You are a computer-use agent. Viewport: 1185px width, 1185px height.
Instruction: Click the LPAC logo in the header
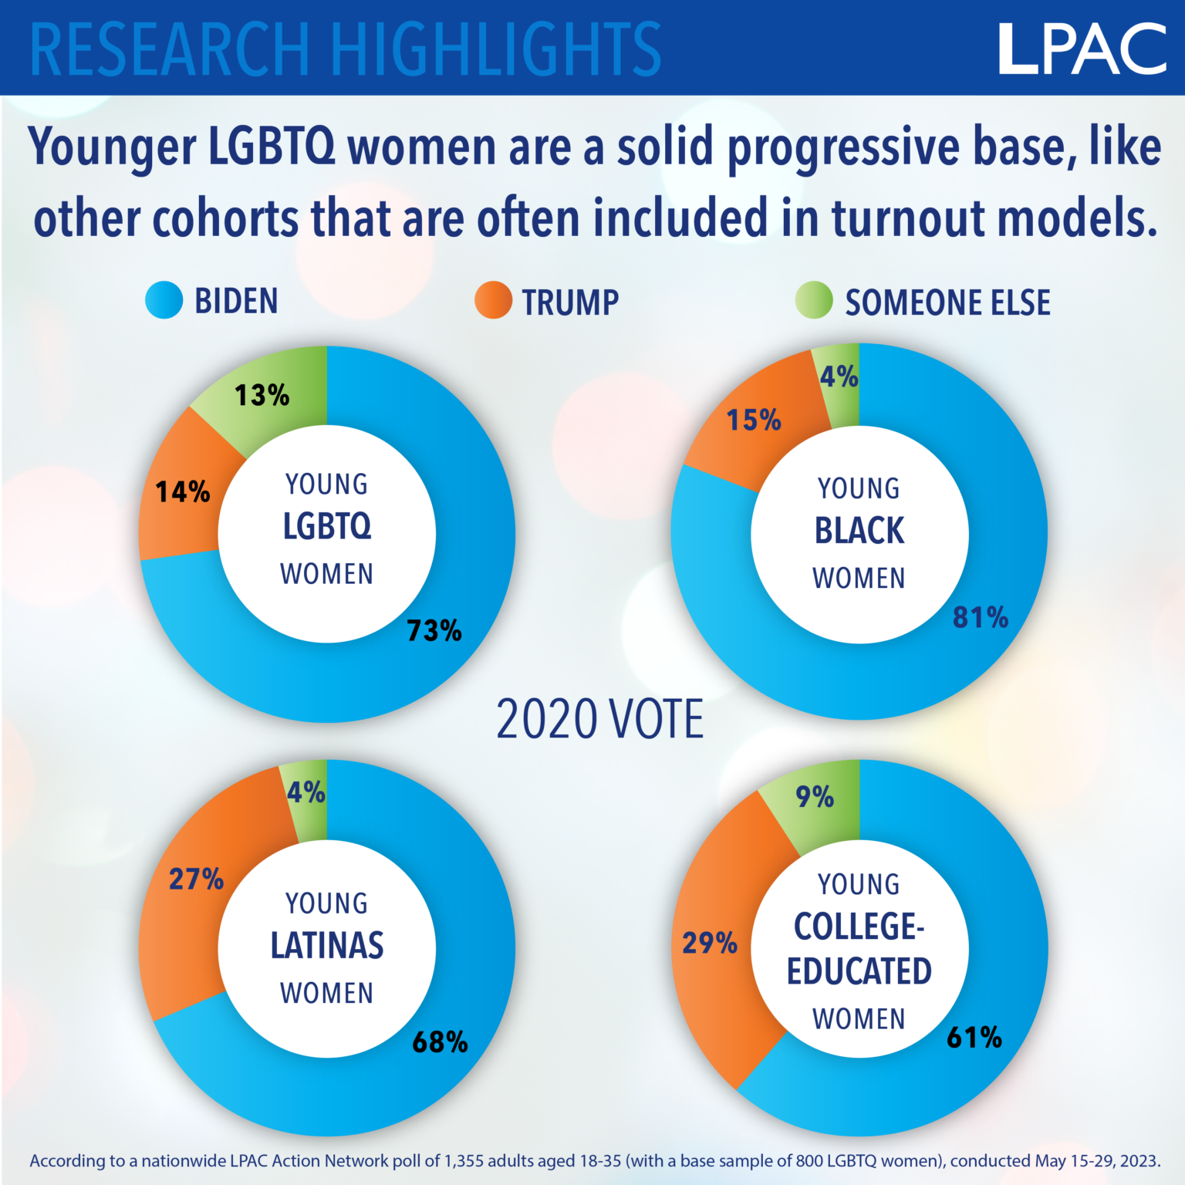[x=1082, y=49]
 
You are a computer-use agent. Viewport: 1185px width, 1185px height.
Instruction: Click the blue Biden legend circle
[x=164, y=300]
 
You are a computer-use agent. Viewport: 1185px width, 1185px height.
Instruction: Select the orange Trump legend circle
[x=493, y=300]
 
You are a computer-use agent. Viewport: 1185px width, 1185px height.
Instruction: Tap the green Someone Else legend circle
[x=814, y=300]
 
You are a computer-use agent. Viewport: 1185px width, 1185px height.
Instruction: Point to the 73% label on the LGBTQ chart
[x=434, y=631]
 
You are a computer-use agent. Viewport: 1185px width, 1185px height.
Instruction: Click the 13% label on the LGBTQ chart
[x=262, y=395]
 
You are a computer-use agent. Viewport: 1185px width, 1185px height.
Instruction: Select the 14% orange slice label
[x=183, y=491]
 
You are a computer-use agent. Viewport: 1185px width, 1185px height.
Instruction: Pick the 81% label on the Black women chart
[x=981, y=617]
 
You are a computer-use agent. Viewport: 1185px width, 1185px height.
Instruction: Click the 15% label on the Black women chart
[x=754, y=420]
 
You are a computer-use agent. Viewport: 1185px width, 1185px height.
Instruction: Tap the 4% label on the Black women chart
[x=839, y=376]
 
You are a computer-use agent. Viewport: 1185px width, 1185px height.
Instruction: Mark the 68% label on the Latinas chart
[x=440, y=1042]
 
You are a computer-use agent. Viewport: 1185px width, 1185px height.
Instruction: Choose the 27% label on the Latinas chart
[x=196, y=879]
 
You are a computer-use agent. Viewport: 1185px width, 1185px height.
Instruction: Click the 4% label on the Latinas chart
[x=306, y=792]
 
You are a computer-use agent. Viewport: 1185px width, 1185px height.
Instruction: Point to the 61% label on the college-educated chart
[x=974, y=1038]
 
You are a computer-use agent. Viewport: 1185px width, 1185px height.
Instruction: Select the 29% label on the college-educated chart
[x=710, y=943]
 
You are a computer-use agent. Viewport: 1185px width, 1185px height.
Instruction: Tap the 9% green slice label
[x=815, y=796]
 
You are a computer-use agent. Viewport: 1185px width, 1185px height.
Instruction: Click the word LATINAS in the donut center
[x=327, y=946]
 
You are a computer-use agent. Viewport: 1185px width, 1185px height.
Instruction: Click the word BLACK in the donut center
[x=859, y=531]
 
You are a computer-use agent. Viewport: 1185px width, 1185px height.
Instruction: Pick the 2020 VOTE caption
[x=599, y=719]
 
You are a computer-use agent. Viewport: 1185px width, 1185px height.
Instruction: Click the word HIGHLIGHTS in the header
[x=497, y=49]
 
